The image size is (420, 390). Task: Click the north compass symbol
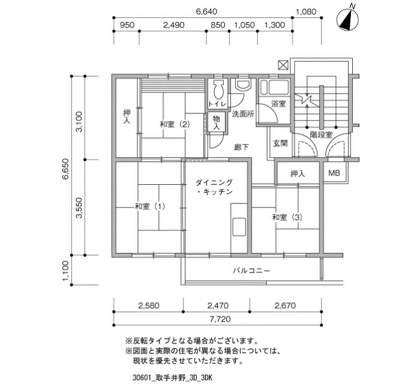coord(348,18)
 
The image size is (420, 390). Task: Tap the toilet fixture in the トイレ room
coord(218,89)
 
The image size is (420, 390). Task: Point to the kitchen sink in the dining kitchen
coord(239,227)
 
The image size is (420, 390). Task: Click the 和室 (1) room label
coord(150,206)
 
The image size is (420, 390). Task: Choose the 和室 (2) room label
coord(175,124)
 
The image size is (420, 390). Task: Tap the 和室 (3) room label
coord(287,217)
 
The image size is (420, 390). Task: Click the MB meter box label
coord(334,173)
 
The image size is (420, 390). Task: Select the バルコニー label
coord(251,271)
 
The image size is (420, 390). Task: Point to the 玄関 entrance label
coord(280,143)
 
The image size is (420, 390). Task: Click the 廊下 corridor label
coord(241,147)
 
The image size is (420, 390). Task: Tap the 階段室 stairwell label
coord(321,134)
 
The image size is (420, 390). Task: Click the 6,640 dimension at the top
coord(206,12)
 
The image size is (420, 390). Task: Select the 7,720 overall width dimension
coord(220,319)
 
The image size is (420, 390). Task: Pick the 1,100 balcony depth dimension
coord(66,271)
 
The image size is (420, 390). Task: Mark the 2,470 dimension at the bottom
coord(218,305)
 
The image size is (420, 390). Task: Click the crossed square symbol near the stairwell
coord(283,65)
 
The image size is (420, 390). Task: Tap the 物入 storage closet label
coord(216,122)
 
